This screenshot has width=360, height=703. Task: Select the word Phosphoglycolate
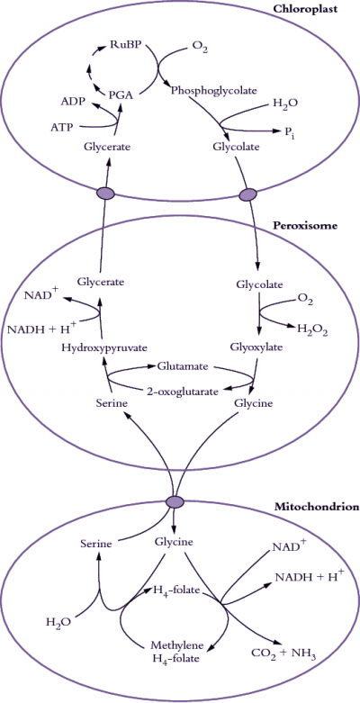[214, 91]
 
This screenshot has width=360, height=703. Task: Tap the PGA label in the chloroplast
[121, 95]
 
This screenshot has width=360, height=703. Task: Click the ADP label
[74, 102]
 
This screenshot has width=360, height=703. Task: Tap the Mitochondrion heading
[317, 508]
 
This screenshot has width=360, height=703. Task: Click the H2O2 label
[313, 331]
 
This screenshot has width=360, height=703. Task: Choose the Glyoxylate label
[251, 347]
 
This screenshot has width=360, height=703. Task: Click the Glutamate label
[182, 366]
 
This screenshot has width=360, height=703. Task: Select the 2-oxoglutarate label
[183, 391]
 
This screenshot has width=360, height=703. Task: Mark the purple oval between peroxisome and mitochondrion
[174, 502]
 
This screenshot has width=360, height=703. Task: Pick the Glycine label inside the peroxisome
[253, 403]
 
